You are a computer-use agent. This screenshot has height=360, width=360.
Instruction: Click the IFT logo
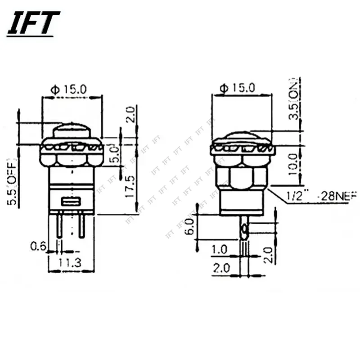pyautogui.click(x=33, y=23)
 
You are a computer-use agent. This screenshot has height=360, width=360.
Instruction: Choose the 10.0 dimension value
pyautogui.click(x=293, y=164)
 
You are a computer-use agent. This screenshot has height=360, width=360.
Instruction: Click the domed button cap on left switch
pyautogui.click(x=72, y=131)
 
